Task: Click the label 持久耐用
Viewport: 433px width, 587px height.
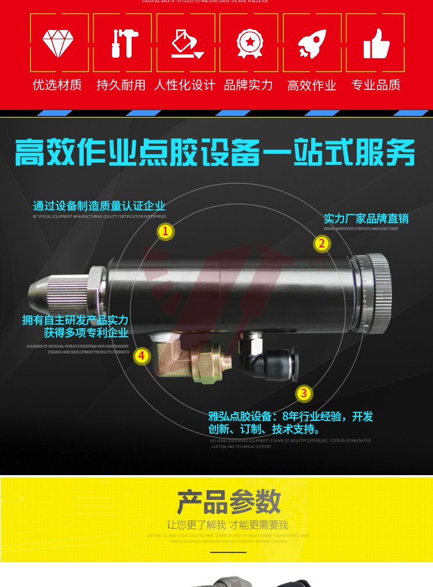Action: point(121,85)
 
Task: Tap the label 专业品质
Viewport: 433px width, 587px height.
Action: point(376,85)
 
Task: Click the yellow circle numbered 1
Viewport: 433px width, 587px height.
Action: point(166,232)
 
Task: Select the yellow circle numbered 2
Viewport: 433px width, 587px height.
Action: point(322,244)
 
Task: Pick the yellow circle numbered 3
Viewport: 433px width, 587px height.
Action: point(304,394)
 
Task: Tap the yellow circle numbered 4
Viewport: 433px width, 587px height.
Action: point(142,356)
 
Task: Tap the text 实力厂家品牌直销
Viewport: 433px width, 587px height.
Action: point(366,219)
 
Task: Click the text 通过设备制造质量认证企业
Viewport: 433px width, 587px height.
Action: point(99,206)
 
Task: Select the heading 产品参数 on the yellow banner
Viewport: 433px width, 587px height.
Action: point(229,502)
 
